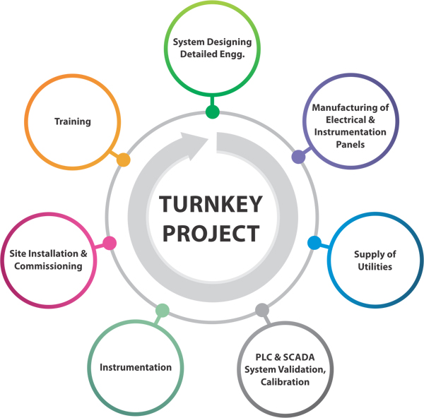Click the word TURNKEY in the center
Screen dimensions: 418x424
[211, 204]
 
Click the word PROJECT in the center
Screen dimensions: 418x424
[211, 232]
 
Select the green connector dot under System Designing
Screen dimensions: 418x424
[212, 112]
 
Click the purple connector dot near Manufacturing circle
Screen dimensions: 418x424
[298, 157]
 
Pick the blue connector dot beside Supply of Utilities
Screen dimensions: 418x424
[314, 243]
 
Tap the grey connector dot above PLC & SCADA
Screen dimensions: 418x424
[262, 309]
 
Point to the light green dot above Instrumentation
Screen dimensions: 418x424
[162, 310]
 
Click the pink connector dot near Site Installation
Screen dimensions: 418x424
[110, 243]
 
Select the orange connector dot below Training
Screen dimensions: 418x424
[123, 160]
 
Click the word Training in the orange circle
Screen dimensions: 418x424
[73, 121]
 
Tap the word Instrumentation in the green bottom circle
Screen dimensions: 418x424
[136, 367]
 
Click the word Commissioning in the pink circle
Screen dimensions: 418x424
[51, 266]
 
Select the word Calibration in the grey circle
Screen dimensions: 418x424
[285, 382]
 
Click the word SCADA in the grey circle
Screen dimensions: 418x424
[288, 357]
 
